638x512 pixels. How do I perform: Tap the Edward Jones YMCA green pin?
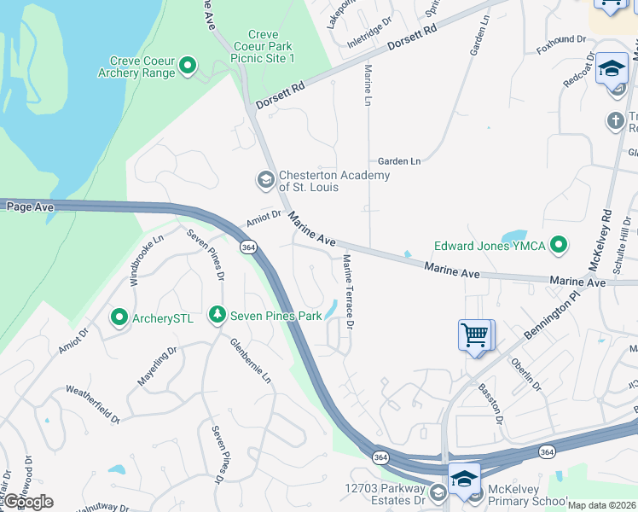(x=560, y=247)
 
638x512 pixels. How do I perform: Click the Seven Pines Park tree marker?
(x=217, y=316)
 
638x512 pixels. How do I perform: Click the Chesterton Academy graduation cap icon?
(x=265, y=180)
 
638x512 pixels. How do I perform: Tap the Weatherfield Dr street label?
(x=93, y=402)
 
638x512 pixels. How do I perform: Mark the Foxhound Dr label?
(x=561, y=39)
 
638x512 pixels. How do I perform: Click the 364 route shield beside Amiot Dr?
(x=248, y=247)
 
